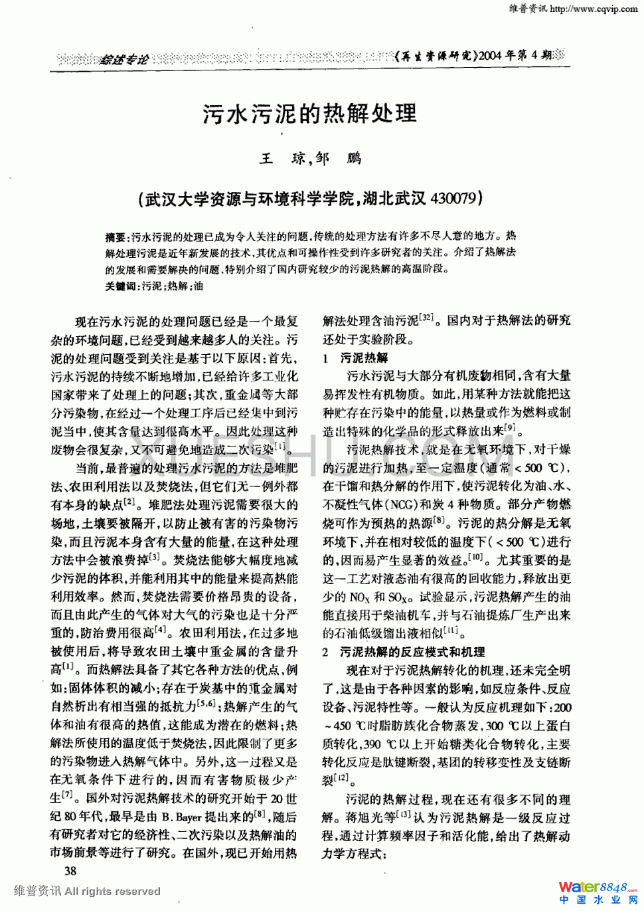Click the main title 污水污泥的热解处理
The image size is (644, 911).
[x=310, y=114]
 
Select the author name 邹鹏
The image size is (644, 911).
[x=339, y=158]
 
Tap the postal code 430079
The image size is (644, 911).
[x=453, y=198]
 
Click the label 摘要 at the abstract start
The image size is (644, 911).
[x=116, y=237]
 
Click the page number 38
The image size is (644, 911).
[x=70, y=870]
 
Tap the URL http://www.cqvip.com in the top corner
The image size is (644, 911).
[x=594, y=9]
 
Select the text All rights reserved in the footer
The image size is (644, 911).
[x=112, y=891]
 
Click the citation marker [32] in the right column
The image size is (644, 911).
[x=426, y=318]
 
